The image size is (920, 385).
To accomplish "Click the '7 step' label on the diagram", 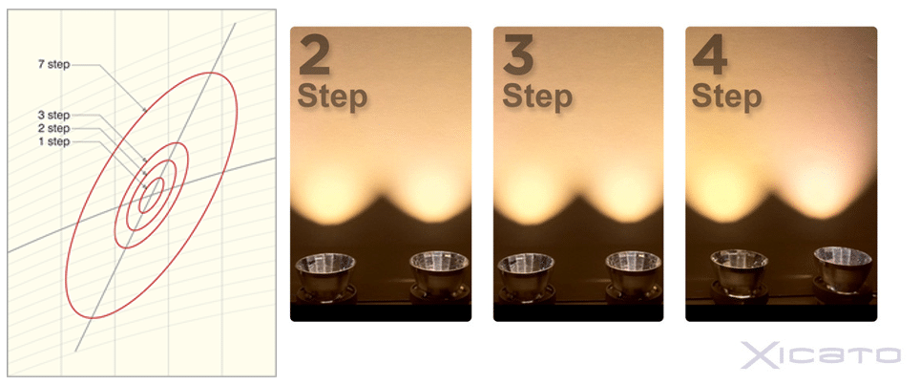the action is (x=54, y=65).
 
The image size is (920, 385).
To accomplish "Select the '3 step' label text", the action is (x=54, y=115).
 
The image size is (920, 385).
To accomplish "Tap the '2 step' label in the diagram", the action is (x=54, y=129).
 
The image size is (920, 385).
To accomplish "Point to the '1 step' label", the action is (x=54, y=142).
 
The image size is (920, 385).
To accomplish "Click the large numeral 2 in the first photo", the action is (x=315, y=55).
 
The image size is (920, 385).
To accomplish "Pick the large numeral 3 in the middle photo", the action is (x=518, y=55).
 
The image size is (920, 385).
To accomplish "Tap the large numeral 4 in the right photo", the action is (x=710, y=55).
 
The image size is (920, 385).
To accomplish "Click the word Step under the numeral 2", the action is (x=332, y=96).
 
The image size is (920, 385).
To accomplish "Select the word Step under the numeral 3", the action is (x=537, y=96).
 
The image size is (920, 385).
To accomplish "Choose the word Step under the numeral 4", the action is (x=726, y=96).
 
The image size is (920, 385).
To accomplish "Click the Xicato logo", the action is (x=820, y=354).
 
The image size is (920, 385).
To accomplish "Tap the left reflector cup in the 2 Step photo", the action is (x=325, y=276).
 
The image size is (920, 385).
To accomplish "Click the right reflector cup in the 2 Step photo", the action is (x=439, y=275).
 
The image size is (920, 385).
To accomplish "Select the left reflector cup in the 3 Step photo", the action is (x=526, y=276).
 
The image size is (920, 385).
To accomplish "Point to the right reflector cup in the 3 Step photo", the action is (x=635, y=275).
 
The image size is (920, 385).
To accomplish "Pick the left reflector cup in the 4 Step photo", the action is (x=740, y=273).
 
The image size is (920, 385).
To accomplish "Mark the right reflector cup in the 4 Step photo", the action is (x=843, y=270).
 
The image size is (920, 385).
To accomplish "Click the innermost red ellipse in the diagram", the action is (x=152, y=196).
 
